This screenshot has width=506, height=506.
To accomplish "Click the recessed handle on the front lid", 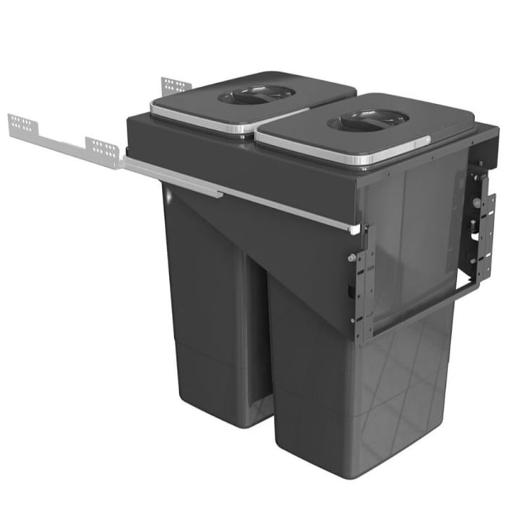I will (x=369, y=120).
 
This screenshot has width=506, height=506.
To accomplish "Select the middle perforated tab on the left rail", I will (x=102, y=150).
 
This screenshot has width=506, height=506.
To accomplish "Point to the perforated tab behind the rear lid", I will (x=176, y=85).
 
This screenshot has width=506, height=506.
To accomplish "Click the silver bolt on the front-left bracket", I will (x=352, y=258).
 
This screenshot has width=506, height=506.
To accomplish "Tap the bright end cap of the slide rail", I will (x=355, y=228).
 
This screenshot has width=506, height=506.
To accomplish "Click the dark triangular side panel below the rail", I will (x=289, y=253).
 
